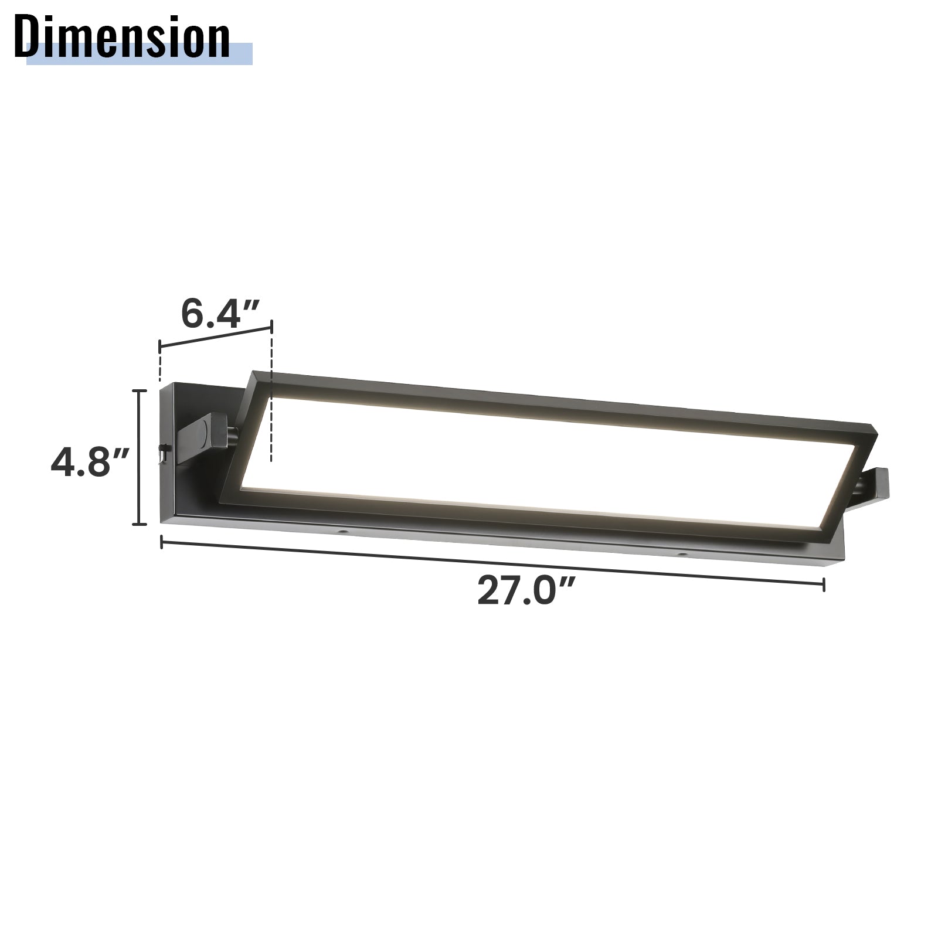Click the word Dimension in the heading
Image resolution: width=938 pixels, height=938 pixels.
pyautogui.click(x=122, y=37)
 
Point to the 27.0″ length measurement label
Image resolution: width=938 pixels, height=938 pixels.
pyautogui.click(x=524, y=591)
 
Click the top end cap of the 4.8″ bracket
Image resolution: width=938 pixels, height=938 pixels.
pyautogui.click(x=139, y=391)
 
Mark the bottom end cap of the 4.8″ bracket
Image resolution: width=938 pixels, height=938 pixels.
pyautogui.click(x=139, y=524)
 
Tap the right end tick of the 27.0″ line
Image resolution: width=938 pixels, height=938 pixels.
pyautogui.click(x=824, y=584)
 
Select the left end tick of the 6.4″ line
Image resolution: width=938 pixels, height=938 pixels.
pyautogui.click(x=159, y=346)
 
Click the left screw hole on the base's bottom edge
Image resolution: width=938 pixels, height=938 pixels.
pyautogui.click(x=341, y=532)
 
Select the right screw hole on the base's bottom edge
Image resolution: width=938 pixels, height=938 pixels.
pyautogui.click(x=681, y=553)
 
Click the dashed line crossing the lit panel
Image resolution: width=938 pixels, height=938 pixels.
pyautogui.click(x=271, y=434)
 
